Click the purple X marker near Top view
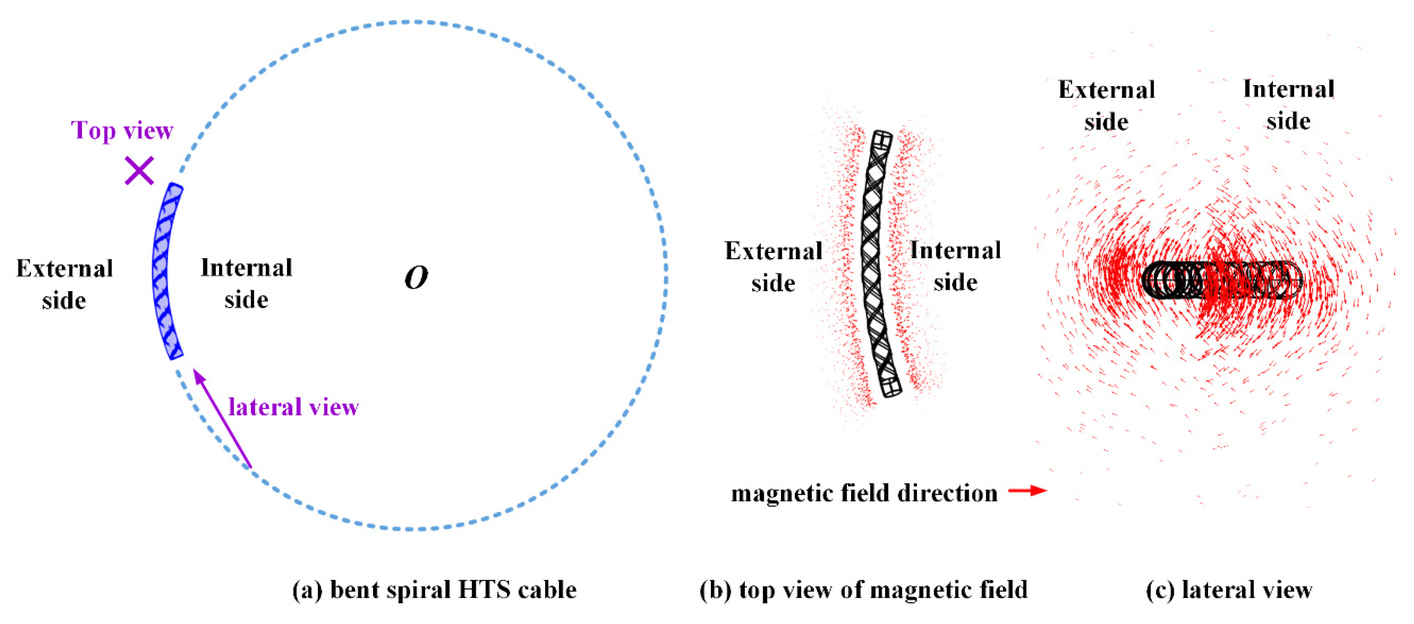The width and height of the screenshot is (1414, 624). pos(139,170)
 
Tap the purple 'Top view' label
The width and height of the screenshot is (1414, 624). pos(122,131)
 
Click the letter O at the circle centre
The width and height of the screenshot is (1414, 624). pos(416,278)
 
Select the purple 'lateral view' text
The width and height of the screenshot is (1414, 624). pos(293,407)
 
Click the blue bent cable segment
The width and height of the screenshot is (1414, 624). pos(165,272)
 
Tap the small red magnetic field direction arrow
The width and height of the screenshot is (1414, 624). pos(1028,490)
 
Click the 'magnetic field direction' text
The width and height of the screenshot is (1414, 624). pos(864,493)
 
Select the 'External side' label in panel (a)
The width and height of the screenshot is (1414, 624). pos(64,284)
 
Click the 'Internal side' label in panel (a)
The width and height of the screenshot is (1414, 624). pos(246,284)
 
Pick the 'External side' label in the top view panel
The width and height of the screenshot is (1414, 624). pos(773,267)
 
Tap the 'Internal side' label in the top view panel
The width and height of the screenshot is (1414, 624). pos(956,266)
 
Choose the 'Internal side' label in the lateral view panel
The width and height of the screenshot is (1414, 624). pos(1288,105)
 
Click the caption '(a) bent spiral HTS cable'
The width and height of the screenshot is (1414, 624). pos(434,590)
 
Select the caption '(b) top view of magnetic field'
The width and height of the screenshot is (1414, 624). pos(863,590)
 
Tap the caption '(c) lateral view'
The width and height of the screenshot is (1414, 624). pos(1229,590)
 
